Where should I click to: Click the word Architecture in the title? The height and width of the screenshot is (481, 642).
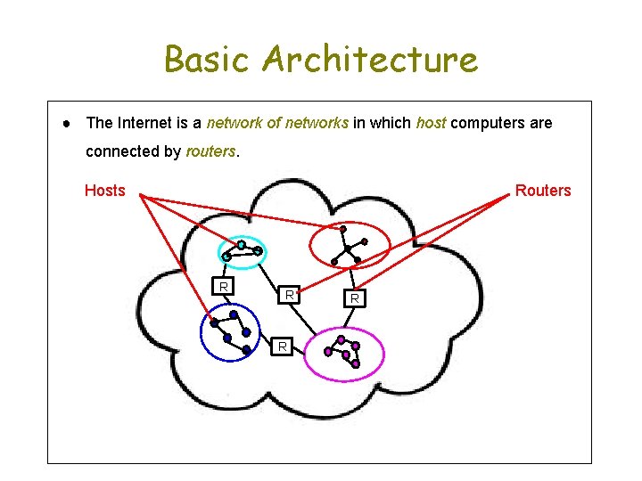370,60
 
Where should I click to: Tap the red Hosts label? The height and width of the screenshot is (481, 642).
104,190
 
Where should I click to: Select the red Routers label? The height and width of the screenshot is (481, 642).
542,190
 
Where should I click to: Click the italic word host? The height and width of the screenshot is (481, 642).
431,123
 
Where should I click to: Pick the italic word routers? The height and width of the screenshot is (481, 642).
210,151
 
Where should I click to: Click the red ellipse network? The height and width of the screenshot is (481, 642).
350,244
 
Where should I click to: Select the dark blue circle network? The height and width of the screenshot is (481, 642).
230,332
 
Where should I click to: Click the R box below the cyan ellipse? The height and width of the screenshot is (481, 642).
225,286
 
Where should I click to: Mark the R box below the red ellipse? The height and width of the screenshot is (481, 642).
354,298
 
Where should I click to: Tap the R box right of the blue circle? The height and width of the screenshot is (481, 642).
282,346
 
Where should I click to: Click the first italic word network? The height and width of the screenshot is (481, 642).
235,123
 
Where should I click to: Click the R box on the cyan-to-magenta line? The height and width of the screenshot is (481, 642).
289,293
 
